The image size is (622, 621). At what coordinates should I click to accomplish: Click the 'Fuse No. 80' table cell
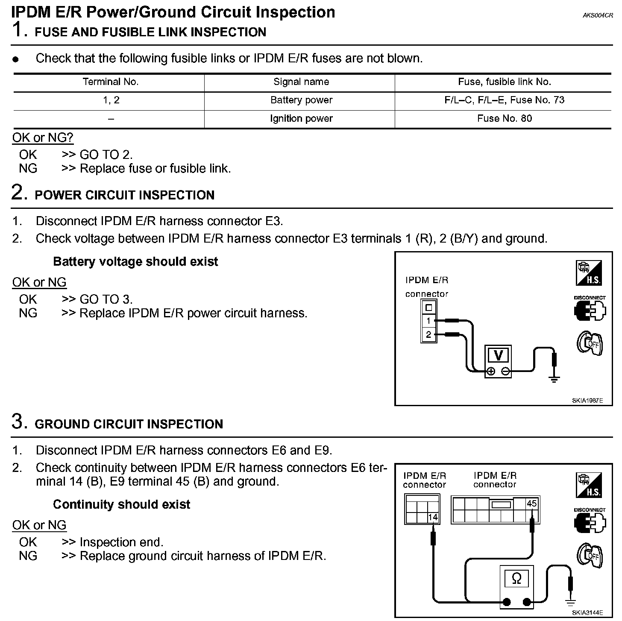504,118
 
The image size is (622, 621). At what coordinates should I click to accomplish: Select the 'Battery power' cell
301,100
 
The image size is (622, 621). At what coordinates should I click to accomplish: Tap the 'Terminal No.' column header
111,82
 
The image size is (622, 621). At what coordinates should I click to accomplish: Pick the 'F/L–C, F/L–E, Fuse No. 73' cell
504,100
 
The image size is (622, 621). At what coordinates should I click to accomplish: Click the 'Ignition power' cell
301,118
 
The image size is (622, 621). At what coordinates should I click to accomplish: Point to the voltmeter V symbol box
498,355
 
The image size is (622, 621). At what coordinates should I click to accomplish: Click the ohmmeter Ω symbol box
516,579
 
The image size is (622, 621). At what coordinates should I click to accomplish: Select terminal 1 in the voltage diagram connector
428,321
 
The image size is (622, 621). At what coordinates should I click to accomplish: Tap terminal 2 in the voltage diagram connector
428,334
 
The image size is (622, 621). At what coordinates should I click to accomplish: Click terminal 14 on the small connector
433,517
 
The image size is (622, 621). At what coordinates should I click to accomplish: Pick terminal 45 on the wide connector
531,504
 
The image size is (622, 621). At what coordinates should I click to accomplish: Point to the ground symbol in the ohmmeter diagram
570,603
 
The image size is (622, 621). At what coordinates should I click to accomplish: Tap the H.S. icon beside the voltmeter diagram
589,273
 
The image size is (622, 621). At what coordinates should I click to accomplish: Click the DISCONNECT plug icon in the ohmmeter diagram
590,521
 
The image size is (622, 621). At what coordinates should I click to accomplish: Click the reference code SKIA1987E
587,401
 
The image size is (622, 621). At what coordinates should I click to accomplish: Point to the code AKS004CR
598,15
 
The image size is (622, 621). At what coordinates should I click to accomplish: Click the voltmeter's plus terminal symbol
491,372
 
